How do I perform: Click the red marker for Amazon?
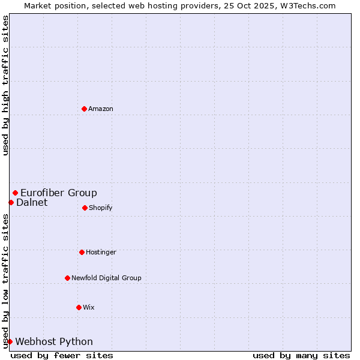(x=84, y=109)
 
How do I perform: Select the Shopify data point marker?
(x=85, y=208)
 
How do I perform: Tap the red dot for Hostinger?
(x=82, y=252)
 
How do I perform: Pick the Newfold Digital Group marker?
(x=67, y=278)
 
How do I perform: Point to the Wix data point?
(x=79, y=307)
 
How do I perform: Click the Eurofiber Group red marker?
(x=15, y=193)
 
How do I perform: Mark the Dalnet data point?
(x=11, y=202)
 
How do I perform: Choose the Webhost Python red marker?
(x=10, y=341)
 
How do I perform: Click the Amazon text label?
(x=101, y=109)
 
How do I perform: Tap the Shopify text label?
(x=101, y=208)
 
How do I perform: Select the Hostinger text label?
(x=101, y=253)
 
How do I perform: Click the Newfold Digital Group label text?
(x=106, y=278)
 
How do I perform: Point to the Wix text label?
(x=89, y=308)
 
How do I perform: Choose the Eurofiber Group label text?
(x=59, y=193)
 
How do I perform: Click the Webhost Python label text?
(x=54, y=342)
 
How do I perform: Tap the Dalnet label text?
(x=32, y=203)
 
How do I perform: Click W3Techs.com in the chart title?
(x=307, y=6)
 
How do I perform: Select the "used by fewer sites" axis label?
(x=62, y=355)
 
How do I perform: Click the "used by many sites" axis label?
(x=301, y=355)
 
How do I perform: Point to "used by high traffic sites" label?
(x=6, y=85)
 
